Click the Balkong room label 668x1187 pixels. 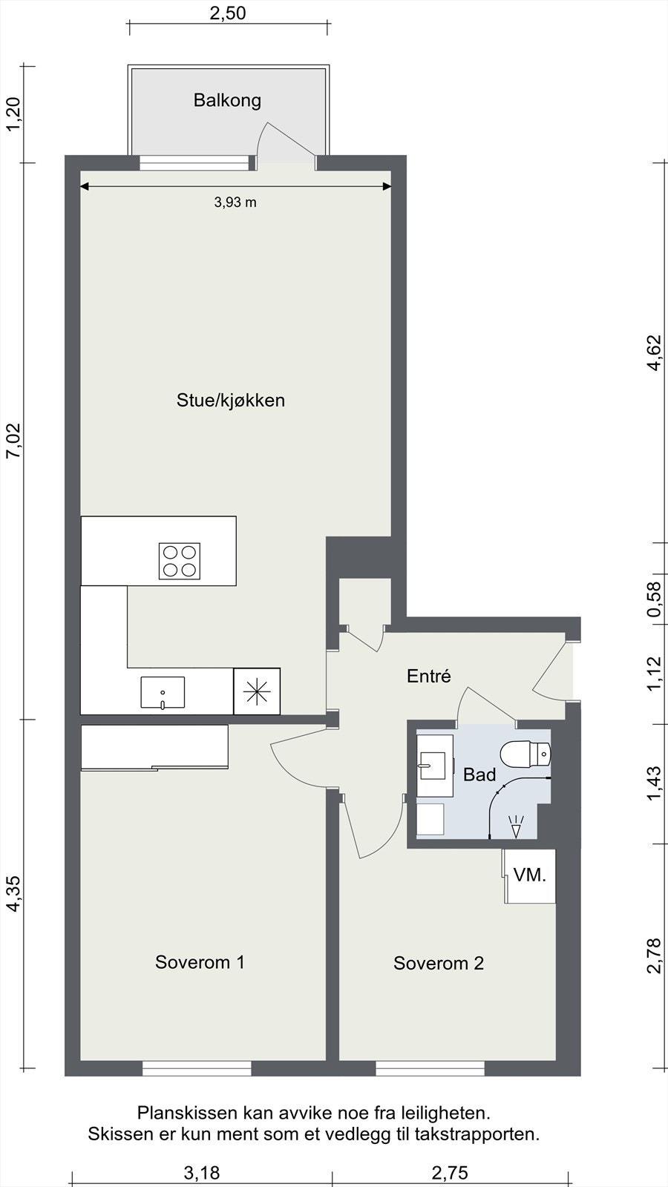pos(227,100)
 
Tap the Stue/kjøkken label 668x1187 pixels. pos(231,401)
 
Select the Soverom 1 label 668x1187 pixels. pos(200,961)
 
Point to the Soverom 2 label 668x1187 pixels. pos(439,963)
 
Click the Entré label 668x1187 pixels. pos(429,676)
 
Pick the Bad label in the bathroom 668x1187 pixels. pos(479,775)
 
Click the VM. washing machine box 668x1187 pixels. pos(530,876)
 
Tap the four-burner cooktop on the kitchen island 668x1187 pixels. pos(180,561)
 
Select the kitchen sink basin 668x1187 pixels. pos(163,692)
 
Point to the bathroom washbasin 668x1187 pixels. pos(435,766)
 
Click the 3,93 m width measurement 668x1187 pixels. pos(235,202)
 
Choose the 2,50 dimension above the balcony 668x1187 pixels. pos(228,13)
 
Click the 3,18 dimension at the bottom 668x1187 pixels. pos(202,1172)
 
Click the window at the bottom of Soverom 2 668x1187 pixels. pos(430,1068)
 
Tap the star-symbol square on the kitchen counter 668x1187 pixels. pos(257,691)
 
